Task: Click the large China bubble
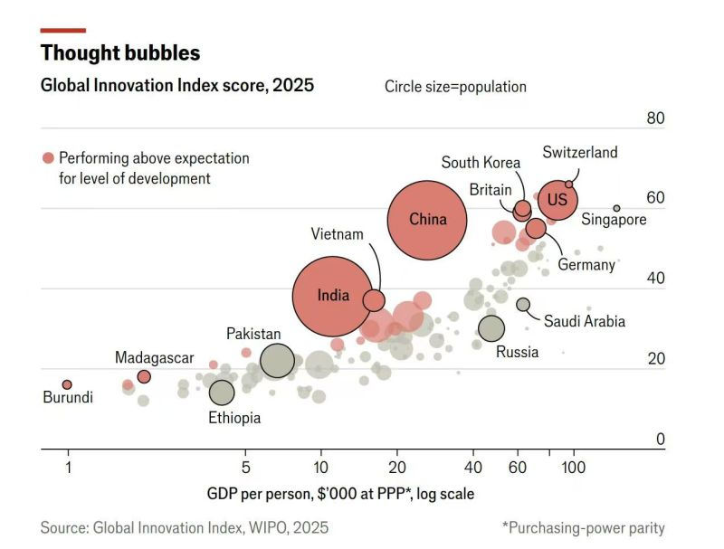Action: click(427, 220)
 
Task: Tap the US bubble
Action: click(557, 200)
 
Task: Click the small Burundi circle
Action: click(67, 384)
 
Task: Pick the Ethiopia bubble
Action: click(222, 393)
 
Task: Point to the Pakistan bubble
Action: click(277, 361)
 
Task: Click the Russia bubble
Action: click(491, 329)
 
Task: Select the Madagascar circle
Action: click(144, 376)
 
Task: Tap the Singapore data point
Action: click(617, 208)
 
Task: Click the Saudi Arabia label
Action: click(584, 321)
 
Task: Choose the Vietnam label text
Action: click(337, 234)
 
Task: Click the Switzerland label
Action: click(580, 152)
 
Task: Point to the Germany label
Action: click(586, 265)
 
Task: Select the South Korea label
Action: click(481, 163)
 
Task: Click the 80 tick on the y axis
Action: click(655, 119)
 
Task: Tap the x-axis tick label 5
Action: click(245, 469)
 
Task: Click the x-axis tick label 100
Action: click(572, 469)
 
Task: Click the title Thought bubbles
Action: click(120, 53)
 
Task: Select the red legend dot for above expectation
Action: click(48, 158)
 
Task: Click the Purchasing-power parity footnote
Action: click(584, 527)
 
